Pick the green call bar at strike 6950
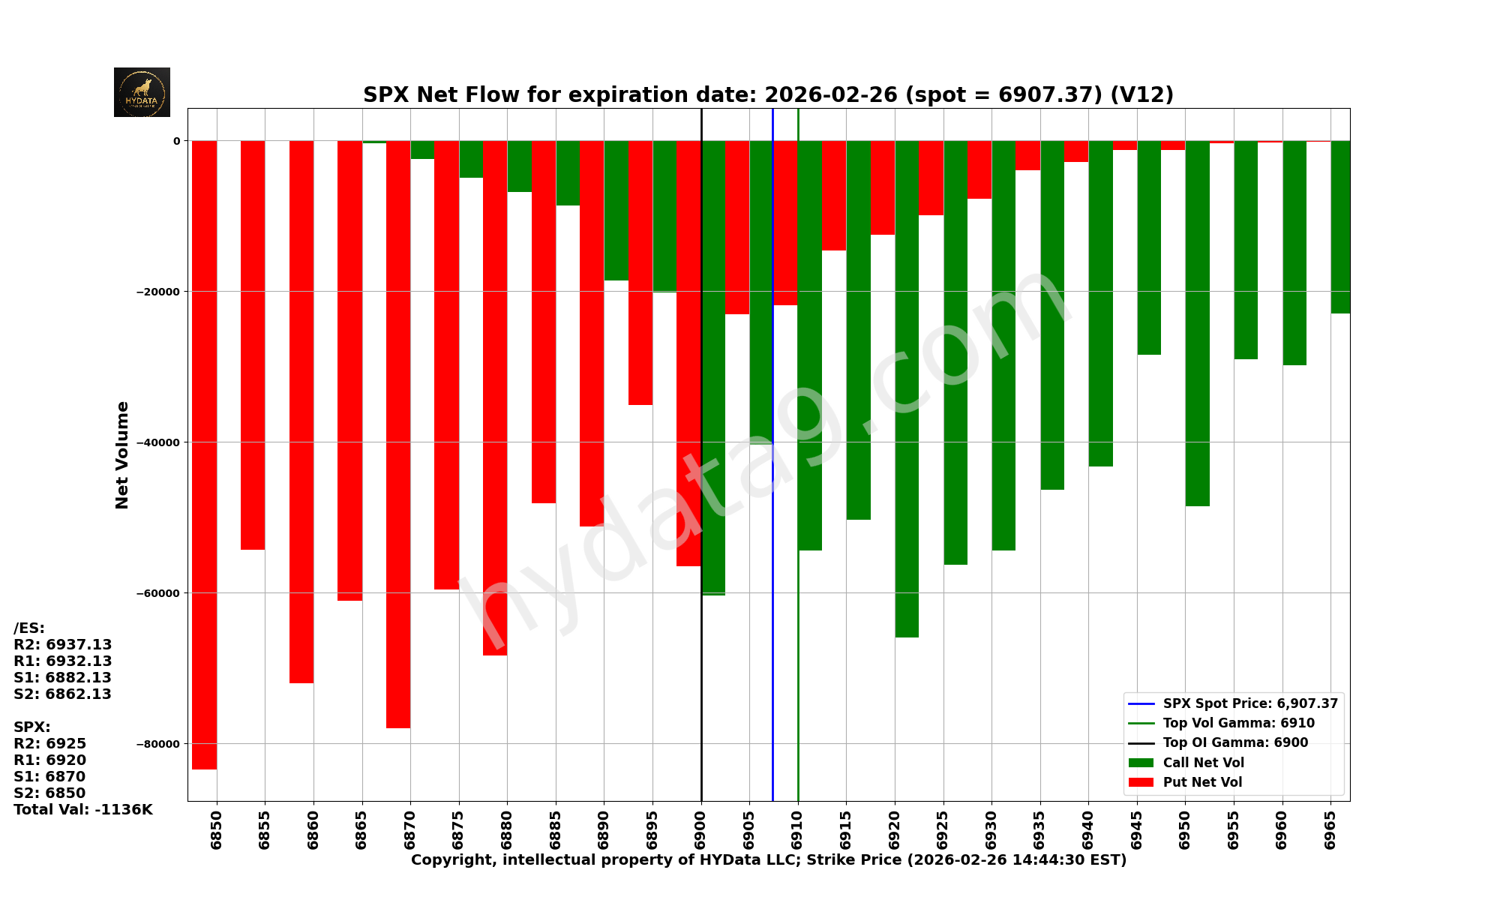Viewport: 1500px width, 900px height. coord(1197,322)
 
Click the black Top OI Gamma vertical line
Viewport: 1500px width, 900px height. coord(701,675)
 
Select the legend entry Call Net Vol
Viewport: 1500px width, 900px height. coord(1203,763)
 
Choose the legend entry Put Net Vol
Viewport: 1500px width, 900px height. coord(1202,782)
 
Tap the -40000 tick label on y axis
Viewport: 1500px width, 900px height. coord(157,442)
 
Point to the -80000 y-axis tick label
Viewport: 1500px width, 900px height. coord(157,744)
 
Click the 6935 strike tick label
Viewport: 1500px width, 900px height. coord(1040,829)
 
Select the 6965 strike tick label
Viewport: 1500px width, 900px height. coord(1330,829)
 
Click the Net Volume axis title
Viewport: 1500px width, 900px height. coord(122,454)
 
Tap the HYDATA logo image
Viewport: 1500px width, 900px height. coord(142,92)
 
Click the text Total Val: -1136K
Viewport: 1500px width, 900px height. coord(82,810)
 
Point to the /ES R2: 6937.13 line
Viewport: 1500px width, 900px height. coord(62,645)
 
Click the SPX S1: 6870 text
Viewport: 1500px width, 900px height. coord(49,777)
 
